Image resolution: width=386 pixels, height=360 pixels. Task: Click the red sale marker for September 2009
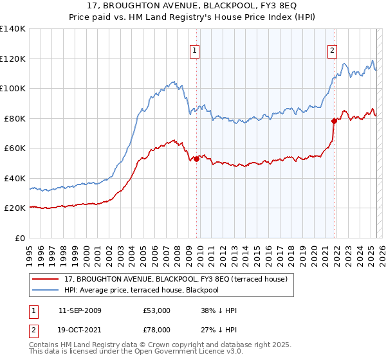196,159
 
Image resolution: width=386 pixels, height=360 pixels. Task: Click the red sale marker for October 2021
334,121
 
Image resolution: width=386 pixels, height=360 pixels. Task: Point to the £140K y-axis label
13,29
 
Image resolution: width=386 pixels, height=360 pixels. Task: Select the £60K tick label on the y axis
15,148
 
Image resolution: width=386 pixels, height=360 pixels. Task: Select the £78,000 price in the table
157,330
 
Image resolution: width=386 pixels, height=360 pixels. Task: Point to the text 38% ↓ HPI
219,310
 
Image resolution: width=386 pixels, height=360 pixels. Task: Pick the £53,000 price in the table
157,310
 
